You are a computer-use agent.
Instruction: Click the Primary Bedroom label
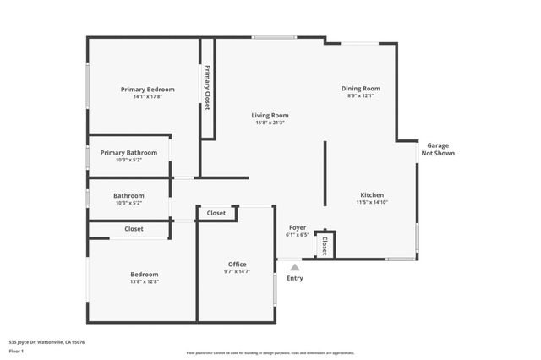147,90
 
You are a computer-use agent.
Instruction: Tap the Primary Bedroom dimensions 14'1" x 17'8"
147,97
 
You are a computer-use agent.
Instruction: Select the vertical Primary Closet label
207,88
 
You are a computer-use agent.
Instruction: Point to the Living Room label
270,115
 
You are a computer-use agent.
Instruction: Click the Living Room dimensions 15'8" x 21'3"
270,123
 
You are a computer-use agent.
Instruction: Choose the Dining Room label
360,88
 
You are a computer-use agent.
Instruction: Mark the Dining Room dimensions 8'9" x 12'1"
360,95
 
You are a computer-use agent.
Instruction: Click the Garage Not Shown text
437,150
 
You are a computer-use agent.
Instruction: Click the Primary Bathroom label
128,153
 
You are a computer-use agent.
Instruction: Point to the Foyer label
298,227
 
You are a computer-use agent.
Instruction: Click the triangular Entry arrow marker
295,267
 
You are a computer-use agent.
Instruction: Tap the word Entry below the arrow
295,278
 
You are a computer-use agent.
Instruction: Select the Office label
237,265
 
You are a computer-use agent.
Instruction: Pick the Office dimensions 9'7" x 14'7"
237,272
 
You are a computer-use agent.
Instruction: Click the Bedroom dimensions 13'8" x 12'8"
144,281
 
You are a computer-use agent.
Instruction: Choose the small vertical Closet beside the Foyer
324,245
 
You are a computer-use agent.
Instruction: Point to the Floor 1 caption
17,350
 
